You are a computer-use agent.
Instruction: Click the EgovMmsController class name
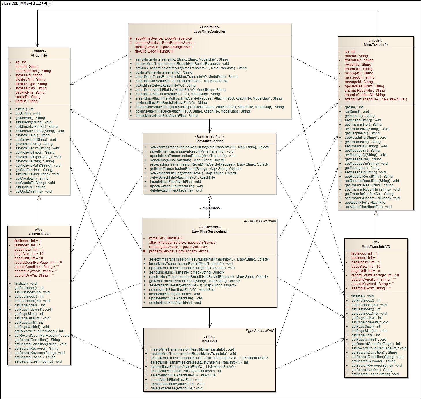click(209, 31)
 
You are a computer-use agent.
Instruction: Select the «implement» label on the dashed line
click(210, 208)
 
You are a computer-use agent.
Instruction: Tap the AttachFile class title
click(39, 55)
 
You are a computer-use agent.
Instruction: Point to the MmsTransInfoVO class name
click(376, 247)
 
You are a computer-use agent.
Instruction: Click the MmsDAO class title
click(209, 341)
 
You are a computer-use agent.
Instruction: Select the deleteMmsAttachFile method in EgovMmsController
click(166, 116)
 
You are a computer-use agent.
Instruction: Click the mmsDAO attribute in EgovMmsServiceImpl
click(166, 238)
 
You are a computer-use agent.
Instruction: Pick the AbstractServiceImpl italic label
click(260, 221)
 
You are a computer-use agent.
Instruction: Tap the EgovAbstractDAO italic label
click(260, 331)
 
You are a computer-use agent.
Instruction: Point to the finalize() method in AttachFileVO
click(25, 284)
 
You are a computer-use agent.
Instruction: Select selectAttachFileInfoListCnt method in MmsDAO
click(186, 371)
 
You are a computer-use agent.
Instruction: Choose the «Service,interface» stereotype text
click(209, 137)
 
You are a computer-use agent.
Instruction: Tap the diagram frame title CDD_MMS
click(24, 3)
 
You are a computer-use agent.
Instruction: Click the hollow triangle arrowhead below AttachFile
click(39, 198)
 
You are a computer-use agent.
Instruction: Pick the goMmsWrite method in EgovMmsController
click(163, 72)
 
